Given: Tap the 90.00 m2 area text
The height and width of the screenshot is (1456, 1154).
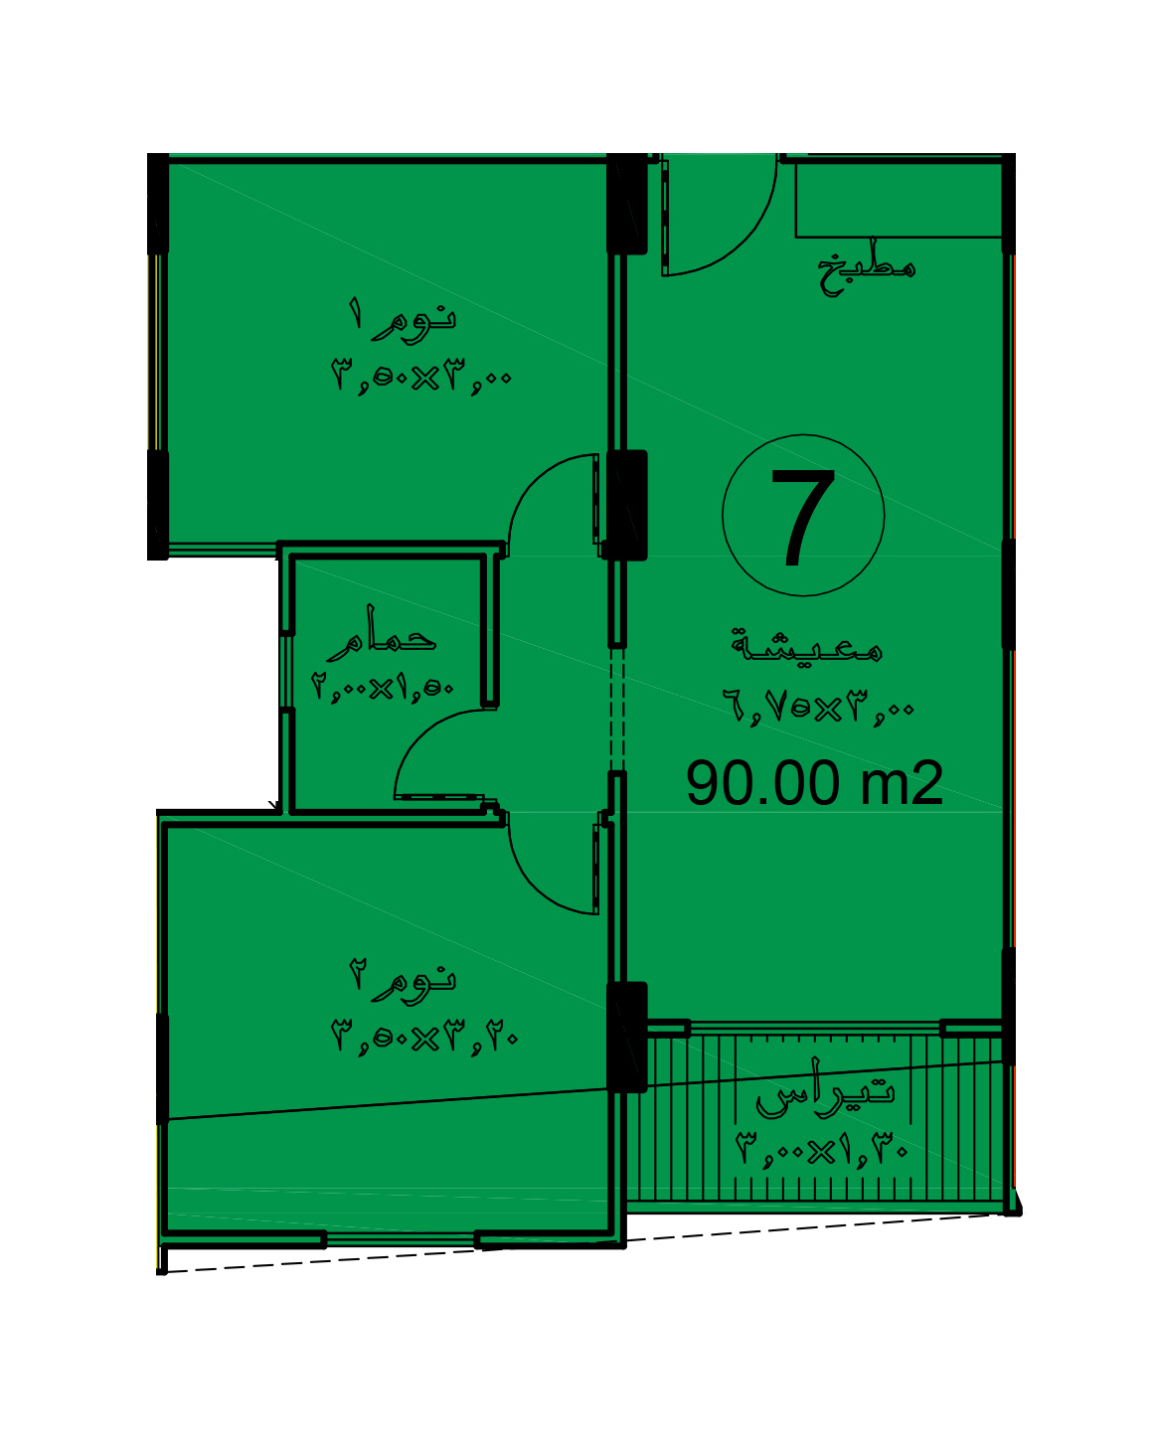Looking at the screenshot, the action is point(814,783).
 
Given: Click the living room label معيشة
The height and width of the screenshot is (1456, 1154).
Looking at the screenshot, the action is point(807,645).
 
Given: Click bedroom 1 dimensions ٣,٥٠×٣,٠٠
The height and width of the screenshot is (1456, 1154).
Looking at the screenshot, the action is point(420,377).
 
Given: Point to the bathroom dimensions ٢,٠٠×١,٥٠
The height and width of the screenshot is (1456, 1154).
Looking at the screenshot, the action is point(382,688).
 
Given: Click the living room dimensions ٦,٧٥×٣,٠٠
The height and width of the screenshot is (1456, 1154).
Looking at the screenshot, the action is point(818,709).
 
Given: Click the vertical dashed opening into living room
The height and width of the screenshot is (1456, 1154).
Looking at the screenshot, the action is point(616,710).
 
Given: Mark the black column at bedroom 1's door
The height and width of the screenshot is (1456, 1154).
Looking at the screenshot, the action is point(626,505).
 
